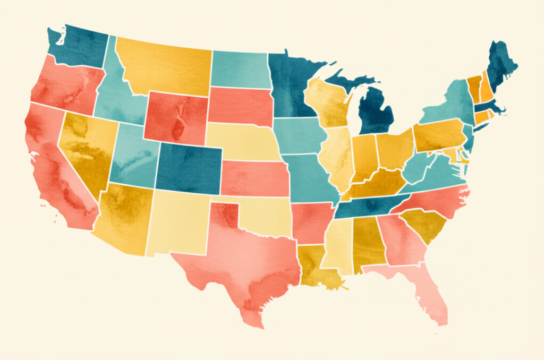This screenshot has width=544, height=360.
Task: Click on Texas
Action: (239, 260)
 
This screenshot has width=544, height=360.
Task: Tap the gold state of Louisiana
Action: (316, 265)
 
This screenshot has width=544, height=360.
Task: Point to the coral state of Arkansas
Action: (311, 220)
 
